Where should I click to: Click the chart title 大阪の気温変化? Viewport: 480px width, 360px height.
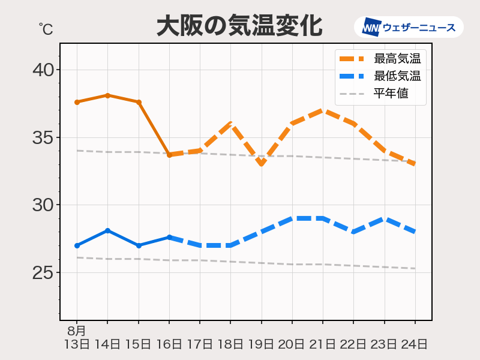click(239, 26)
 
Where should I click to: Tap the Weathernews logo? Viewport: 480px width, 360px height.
click(409, 27)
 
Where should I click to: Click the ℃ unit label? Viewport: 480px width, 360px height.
click(45, 28)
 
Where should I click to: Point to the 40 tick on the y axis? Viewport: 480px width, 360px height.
click(43, 70)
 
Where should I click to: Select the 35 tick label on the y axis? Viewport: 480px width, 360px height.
click(43, 138)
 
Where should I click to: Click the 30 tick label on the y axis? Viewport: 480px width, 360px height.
click(43, 205)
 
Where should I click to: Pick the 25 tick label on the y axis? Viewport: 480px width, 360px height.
click(43, 273)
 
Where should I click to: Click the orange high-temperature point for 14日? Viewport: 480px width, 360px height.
click(107, 95)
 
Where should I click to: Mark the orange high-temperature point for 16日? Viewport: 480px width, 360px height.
click(169, 155)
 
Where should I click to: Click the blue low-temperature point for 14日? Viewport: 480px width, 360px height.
click(107, 230)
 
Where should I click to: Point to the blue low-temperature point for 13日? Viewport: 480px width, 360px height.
click(77, 245)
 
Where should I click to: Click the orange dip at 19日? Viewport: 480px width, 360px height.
click(262, 164)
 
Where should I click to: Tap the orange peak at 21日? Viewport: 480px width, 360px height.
click(323, 110)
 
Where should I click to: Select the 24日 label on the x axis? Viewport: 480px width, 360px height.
click(415, 344)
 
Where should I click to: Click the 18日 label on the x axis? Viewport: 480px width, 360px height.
click(230, 344)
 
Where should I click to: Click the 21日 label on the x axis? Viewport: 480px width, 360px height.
click(323, 344)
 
